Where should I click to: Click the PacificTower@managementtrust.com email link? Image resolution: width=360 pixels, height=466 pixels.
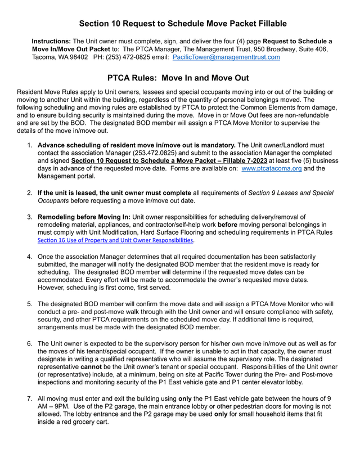click(226, 57)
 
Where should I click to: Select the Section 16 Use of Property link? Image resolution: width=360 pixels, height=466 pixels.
click(115, 240)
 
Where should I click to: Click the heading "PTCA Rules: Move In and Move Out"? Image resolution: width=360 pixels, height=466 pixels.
click(178, 78)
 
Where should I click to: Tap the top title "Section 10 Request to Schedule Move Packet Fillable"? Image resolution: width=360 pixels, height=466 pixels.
click(183, 24)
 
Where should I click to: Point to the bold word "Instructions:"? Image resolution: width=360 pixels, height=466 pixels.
click(51, 42)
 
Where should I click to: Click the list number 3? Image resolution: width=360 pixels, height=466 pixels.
click(29, 217)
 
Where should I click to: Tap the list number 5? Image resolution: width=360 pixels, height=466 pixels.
click(29, 304)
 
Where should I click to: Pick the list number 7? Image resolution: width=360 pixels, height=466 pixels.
click(29, 399)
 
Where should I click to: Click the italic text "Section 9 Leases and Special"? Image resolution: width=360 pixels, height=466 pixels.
click(285, 193)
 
